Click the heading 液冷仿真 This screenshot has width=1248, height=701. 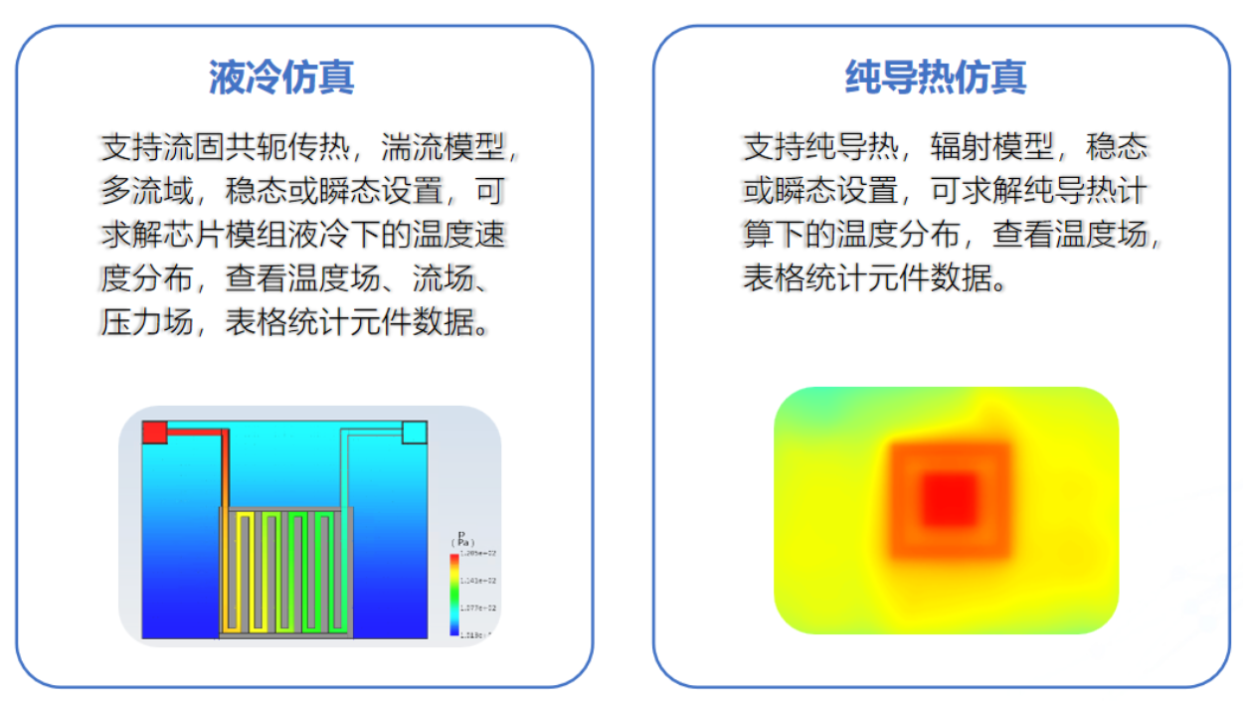[281, 78]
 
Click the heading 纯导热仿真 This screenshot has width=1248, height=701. [935, 78]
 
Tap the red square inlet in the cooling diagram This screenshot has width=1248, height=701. [154, 432]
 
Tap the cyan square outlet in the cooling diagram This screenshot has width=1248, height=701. [415, 433]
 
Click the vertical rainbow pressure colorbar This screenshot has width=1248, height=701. [454, 594]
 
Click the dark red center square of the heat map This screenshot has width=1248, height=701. [950, 499]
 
